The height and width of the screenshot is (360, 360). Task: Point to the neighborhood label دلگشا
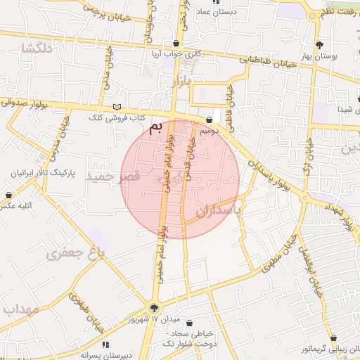(x=37, y=49)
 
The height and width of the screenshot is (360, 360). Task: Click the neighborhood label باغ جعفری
(x=75, y=253)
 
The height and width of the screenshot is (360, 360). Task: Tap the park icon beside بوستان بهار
(x=320, y=44)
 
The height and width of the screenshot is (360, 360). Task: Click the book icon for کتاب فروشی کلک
(x=117, y=106)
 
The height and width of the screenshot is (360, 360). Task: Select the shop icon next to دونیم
(x=210, y=120)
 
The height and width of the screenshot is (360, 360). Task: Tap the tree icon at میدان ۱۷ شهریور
(x=155, y=307)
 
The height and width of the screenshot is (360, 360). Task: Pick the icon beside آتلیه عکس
(x=8, y=195)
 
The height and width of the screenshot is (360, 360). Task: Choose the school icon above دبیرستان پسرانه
(x=105, y=345)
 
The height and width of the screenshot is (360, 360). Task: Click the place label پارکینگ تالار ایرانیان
(x=43, y=173)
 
